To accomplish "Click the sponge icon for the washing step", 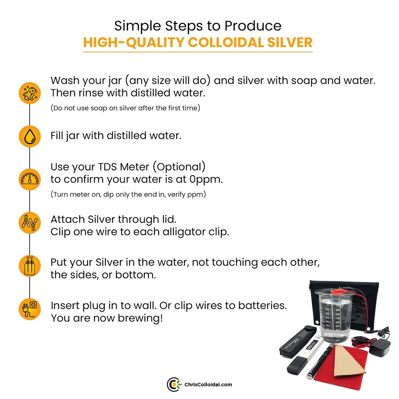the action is pos(30,93).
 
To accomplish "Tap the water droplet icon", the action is pos(30,136).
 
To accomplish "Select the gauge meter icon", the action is pos(30,179).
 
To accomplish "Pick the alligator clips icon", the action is pos(30,222).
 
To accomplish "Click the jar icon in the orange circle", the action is pos(30,266).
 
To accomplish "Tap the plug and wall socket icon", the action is pos(30,309).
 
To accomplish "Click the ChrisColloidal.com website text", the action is pos(208,385).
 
